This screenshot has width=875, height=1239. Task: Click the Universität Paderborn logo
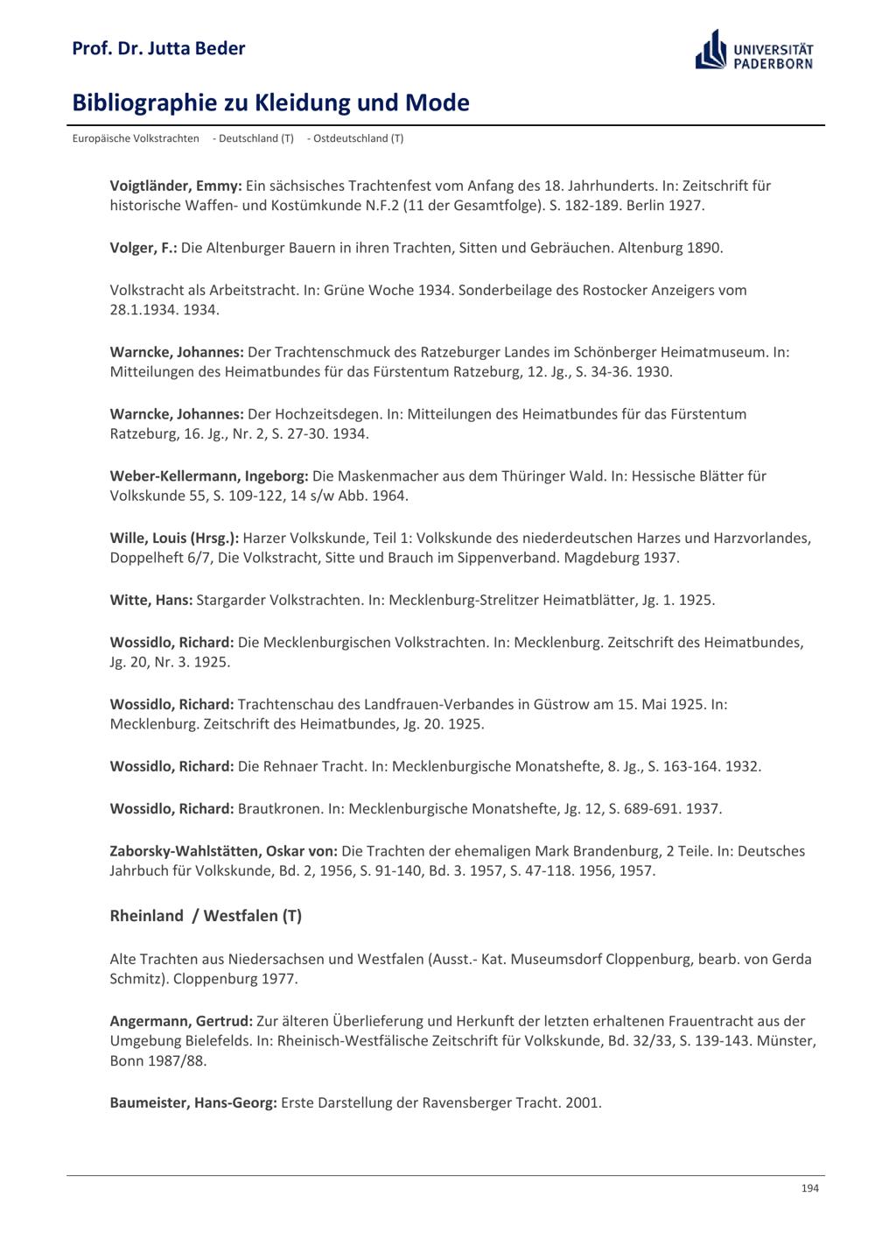pyautogui.click(x=754, y=50)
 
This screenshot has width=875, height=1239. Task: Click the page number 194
pyautogui.click(x=809, y=1188)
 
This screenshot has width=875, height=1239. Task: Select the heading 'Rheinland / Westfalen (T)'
pyautogui.click(x=206, y=916)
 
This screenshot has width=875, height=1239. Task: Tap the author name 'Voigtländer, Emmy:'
pyautogui.click(x=176, y=186)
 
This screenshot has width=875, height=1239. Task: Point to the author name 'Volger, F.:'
pyautogui.click(x=143, y=248)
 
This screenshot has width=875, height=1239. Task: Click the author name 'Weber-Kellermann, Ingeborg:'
pyautogui.click(x=209, y=476)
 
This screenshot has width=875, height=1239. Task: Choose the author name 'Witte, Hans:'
pyautogui.click(x=151, y=601)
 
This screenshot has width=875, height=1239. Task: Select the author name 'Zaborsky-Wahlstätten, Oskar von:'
pyautogui.click(x=224, y=851)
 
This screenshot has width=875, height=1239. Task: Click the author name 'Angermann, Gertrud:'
pyautogui.click(x=181, y=1021)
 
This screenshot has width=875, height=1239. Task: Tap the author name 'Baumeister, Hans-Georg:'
pyautogui.click(x=193, y=1102)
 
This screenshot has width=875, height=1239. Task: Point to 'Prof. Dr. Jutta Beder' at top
pyautogui.click(x=158, y=48)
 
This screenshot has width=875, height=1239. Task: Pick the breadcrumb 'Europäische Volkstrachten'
pyautogui.click(x=136, y=138)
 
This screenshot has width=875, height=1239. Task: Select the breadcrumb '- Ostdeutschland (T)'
pyautogui.click(x=355, y=138)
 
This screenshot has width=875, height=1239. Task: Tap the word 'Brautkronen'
pyautogui.click(x=279, y=809)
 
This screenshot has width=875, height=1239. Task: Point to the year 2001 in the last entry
pyautogui.click(x=582, y=1102)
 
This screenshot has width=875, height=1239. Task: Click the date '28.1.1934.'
pyautogui.click(x=144, y=310)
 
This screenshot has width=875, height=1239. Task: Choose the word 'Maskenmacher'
pyautogui.click(x=380, y=476)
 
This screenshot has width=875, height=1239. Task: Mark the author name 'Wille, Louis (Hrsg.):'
pyautogui.click(x=174, y=539)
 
